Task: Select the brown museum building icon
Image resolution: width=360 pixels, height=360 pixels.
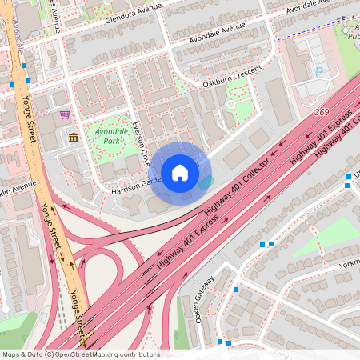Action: pyautogui.click(x=74, y=138)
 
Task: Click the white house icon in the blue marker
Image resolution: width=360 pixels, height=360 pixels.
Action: pyautogui.click(x=180, y=172)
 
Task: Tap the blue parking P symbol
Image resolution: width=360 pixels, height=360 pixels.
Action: pyautogui.click(x=320, y=71)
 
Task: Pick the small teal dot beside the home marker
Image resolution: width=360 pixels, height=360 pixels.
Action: pyautogui.click(x=206, y=182)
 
